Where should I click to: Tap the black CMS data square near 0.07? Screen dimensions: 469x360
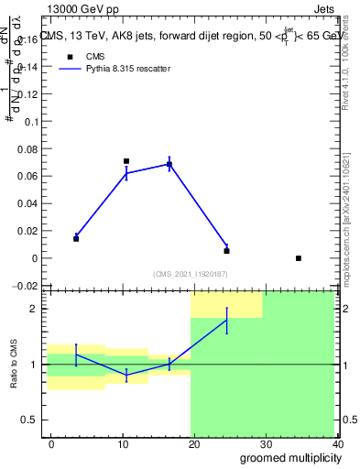126,161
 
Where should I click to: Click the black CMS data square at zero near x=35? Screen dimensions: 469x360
299,258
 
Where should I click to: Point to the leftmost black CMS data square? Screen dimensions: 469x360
76,238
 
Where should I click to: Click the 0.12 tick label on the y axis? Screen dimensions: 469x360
27,94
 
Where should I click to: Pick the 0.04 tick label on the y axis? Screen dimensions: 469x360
27,203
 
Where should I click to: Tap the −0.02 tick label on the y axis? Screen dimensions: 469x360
26,286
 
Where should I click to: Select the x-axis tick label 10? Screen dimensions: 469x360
123,444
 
